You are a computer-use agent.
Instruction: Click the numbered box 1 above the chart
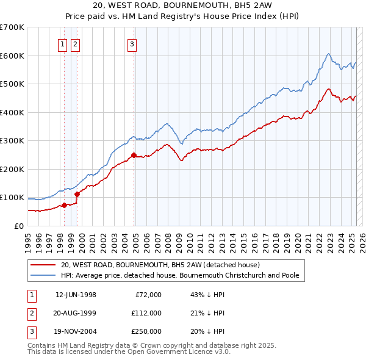[x=63, y=43]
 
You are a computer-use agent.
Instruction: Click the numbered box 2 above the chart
[x=75, y=43]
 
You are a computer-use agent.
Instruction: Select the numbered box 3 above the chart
[x=132, y=43]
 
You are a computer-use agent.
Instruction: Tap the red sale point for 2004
[x=134, y=155]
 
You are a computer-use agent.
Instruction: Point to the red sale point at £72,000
[x=64, y=205]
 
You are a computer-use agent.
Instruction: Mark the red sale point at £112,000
[x=77, y=194]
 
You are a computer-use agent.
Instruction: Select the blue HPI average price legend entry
[x=180, y=275]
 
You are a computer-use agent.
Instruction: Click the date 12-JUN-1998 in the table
[x=76, y=295]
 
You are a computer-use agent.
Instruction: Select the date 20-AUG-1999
[x=76, y=313]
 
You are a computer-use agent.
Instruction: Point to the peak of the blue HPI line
[x=328, y=54]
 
